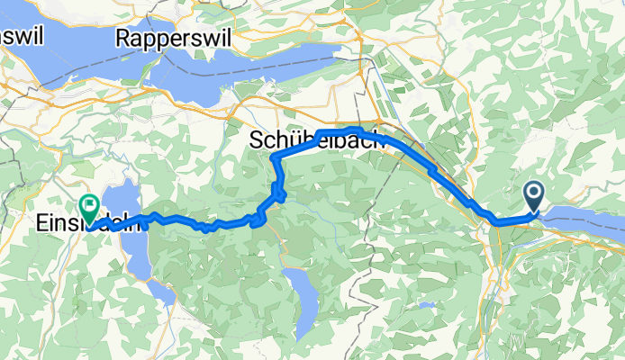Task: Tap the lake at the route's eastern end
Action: click(585, 216)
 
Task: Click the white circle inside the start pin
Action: click(533, 191)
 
